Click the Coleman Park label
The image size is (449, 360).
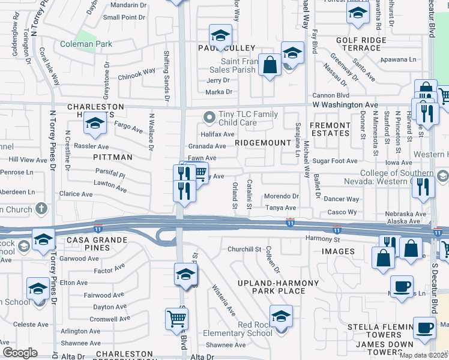pyautogui.click(x=85, y=44)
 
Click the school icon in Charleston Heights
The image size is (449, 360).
pyautogui.click(x=95, y=124)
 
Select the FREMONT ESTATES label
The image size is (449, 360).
pyautogui.click(x=330, y=130)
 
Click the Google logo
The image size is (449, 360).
pyautogui.click(x=20, y=353)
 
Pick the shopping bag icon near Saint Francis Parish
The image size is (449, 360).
pyautogui.click(x=270, y=65)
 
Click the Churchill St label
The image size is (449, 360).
pyautogui.click(x=244, y=249)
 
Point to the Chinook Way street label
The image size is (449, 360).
pyautogui.click(x=136, y=74)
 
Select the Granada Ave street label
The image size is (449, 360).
pyautogui.click(x=207, y=146)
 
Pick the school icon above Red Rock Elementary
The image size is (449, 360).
pyautogui.click(x=281, y=316)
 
